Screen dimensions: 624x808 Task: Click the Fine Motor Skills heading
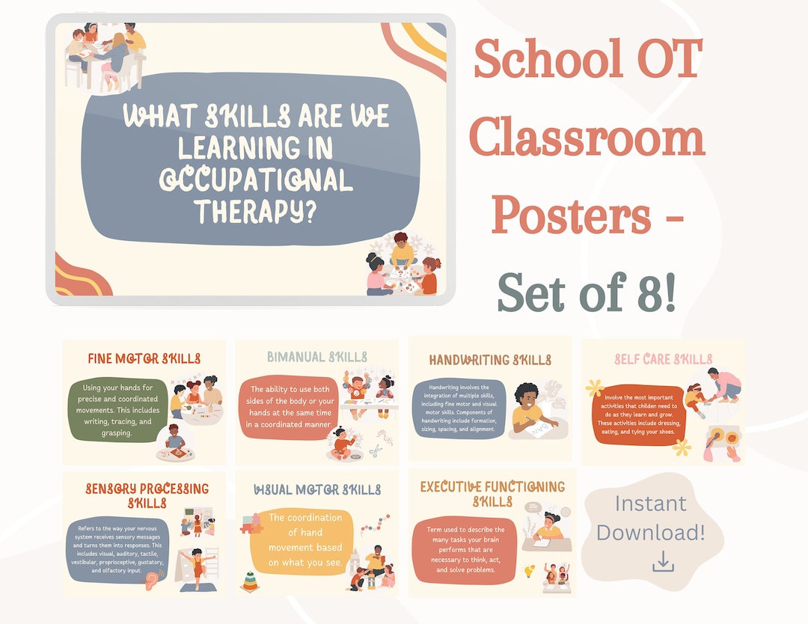[x=144, y=358]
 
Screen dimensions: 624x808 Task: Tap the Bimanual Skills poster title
[x=317, y=357]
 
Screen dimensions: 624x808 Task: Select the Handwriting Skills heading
[x=490, y=360]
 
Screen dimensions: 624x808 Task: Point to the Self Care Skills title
[x=663, y=359]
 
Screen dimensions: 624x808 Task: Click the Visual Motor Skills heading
[x=317, y=490]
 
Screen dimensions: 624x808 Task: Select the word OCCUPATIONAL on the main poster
[x=255, y=180]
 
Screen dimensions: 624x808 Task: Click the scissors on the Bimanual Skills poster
[x=376, y=451]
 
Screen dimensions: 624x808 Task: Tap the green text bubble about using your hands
[x=117, y=410]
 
